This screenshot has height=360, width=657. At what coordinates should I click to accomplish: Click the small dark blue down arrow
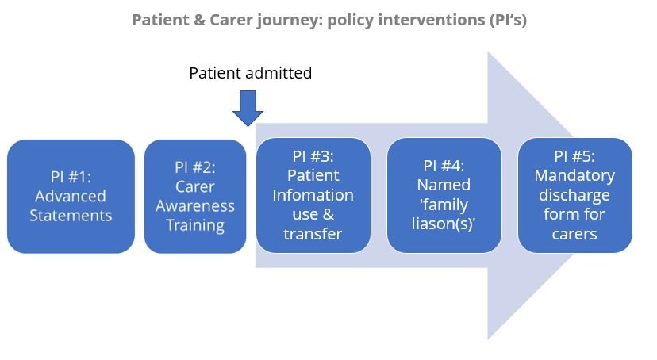coord(248,109)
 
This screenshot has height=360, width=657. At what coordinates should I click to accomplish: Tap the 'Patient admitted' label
coord(251,73)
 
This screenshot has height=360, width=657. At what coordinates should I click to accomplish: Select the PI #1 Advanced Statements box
coord(71,197)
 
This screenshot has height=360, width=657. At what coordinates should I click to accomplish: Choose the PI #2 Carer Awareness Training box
coord(195,197)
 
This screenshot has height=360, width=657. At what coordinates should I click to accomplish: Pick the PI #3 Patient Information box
coord(313,196)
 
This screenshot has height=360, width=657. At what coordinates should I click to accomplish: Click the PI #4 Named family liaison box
coord(444,196)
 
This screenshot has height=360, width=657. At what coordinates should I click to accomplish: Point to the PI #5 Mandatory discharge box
coord(574,196)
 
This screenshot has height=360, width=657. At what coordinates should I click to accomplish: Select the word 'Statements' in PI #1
coord(71,216)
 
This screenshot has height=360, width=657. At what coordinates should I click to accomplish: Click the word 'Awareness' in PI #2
coord(195,206)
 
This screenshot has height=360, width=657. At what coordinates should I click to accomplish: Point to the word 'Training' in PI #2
coord(195,226)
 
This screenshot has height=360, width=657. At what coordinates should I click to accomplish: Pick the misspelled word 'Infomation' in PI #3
coord(313,196)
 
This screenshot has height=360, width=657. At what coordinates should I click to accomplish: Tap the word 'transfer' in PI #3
coord(313,234)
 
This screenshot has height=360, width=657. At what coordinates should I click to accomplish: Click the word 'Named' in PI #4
coord(444,185)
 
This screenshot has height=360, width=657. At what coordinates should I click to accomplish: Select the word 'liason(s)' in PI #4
coord(443,224)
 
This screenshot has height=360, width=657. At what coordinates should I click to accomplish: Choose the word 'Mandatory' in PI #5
coord(574,176)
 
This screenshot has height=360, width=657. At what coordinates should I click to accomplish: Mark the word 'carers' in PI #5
coord(574,235)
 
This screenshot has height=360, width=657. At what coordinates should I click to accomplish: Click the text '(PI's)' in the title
coord(507,20)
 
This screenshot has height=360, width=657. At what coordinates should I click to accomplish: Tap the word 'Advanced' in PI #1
coord(71,197)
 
